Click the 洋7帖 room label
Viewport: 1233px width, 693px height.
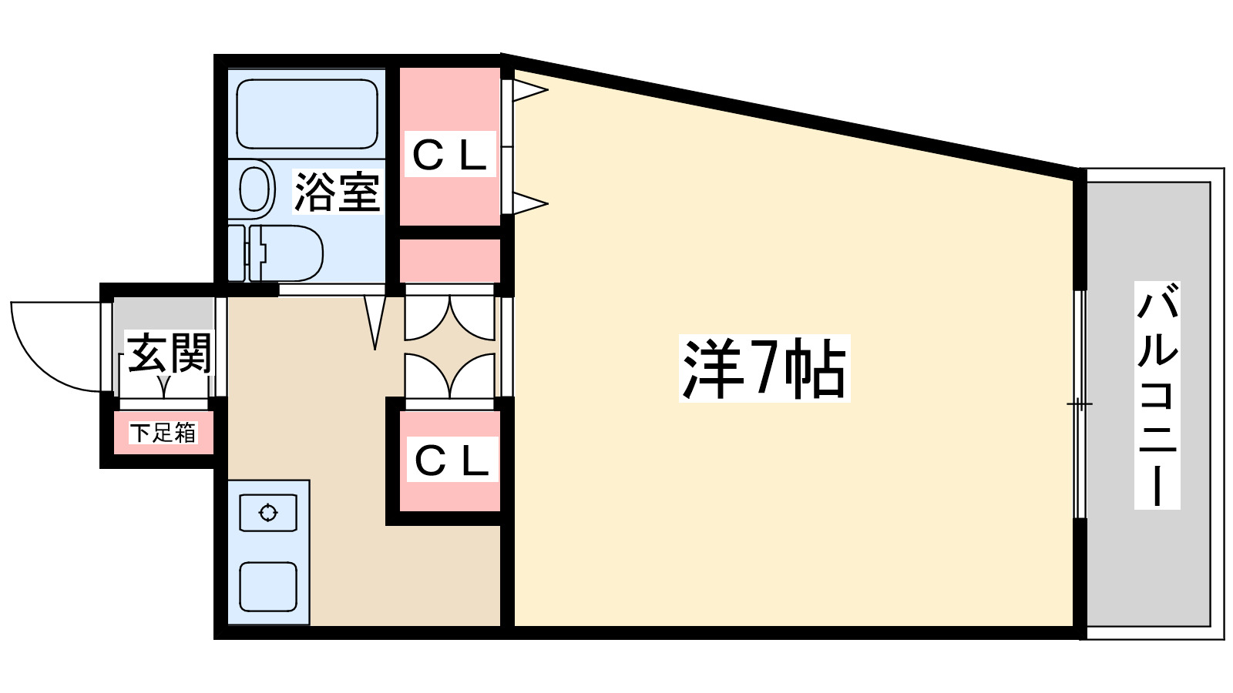764,368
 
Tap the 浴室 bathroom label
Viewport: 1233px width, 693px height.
338,192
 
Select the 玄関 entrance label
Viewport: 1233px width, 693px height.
169,353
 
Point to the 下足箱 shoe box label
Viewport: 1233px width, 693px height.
163,433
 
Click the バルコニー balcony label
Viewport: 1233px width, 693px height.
1157,395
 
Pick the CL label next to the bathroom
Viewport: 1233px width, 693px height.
450,155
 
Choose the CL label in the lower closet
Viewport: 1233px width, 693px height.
452,460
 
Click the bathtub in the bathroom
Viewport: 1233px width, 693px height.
307,114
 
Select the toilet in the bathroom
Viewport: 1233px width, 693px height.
285,253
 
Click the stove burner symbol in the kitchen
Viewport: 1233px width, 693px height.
268,513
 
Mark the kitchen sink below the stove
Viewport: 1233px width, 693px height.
268,586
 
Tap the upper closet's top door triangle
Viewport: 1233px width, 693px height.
530,91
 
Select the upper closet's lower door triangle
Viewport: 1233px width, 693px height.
530,204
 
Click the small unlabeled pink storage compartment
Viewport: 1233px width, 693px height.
450,260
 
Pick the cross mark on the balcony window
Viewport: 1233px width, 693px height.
1079,404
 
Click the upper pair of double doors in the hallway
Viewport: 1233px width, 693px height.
450,316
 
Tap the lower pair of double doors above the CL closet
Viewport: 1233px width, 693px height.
450,377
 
